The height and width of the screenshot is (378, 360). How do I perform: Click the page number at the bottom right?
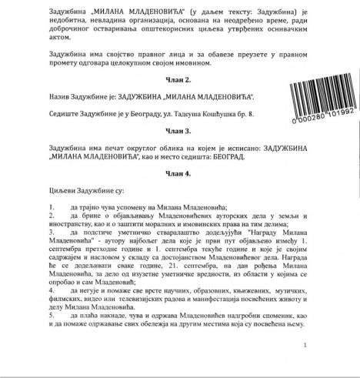(x=305, y=346)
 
